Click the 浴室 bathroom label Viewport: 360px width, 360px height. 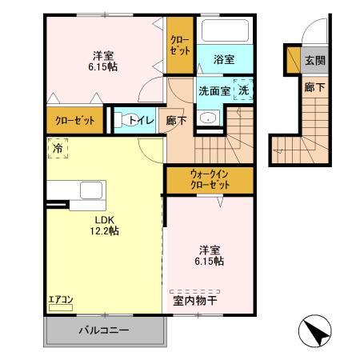224,60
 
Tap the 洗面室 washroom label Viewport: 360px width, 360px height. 214,91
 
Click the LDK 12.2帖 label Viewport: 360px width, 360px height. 104,225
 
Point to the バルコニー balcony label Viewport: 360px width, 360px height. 103,330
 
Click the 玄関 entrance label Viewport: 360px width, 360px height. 314,60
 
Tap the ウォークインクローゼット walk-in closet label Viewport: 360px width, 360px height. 210,178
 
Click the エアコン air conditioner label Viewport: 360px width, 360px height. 60,300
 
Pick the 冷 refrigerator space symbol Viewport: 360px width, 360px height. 58,148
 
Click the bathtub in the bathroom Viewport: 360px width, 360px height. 224,32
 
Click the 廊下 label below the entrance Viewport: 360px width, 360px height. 314,86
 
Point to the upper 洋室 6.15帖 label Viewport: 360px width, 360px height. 102,62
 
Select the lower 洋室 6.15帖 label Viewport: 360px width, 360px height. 208,255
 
